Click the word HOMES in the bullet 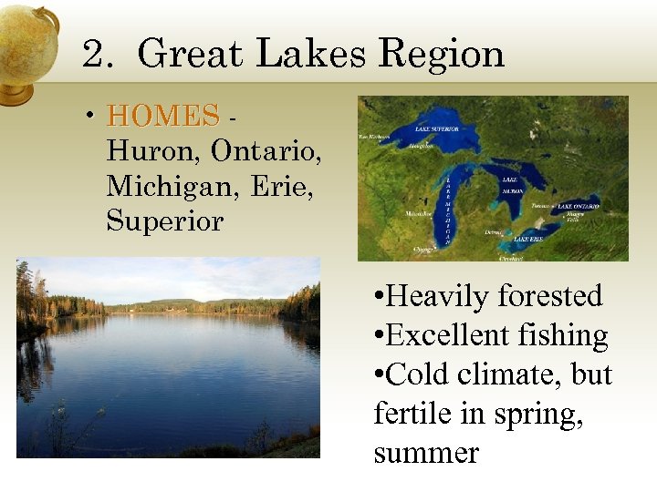coord(163,116)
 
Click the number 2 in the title coord(93,54)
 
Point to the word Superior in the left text coord(164,220)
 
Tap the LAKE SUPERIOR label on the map coord(436,128)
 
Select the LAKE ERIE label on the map coord(528,239)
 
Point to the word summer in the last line coord(426,453)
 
